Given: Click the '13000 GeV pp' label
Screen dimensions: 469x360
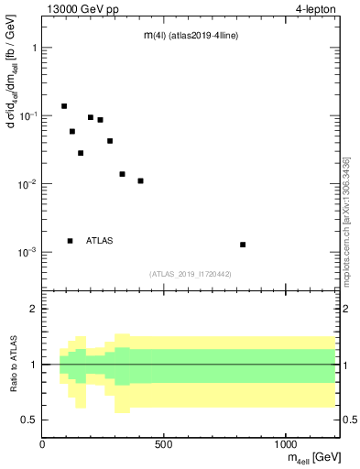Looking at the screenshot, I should click(74, 11).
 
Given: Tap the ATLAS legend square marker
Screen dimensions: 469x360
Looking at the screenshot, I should click(70, 241).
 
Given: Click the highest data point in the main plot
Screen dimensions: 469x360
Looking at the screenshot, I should click(64, 106).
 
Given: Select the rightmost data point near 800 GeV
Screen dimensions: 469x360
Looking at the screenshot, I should click(243, 245).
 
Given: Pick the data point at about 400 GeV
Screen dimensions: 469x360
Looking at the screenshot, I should click(140, 180).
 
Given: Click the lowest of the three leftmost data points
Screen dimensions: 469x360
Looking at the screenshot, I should click(81, 153).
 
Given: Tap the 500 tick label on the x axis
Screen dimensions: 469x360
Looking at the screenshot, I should click(164, 444).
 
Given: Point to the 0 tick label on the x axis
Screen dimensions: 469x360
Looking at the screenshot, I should click(42, 444).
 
